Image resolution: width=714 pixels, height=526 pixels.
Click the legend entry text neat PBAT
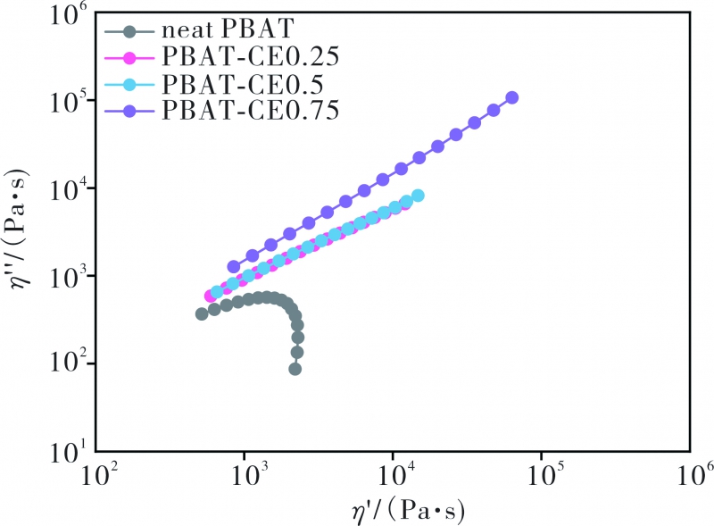tap(218, 34)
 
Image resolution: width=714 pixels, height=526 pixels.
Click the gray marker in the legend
tap(130, 34)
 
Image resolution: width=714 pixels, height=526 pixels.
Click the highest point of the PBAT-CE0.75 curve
tap(511, 98)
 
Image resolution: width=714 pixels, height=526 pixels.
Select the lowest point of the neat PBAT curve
tap(295, 369)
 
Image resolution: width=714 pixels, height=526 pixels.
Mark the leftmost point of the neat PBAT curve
tap(202, 313)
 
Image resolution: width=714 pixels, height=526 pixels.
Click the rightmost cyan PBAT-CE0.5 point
tap(418, 196)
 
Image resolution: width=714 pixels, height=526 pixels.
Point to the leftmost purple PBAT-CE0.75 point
tap(234, 266)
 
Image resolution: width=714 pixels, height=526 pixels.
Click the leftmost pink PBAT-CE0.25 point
tap(211, 296)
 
